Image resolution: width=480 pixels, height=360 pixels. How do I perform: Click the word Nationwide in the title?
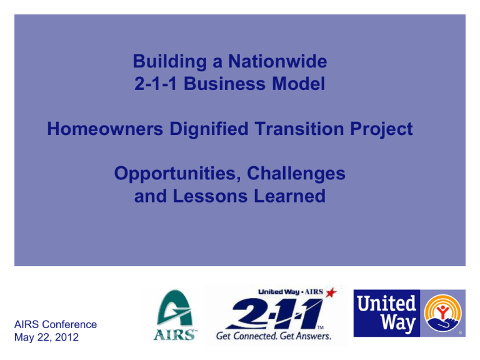click(277, 61)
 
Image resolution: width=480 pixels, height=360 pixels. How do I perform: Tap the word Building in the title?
click(170, 62)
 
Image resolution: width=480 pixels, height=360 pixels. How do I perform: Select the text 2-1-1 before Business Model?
click(156, 84)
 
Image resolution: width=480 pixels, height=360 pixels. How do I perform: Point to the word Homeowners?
click(105, 129)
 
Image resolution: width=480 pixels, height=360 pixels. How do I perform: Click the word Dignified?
click(209, 129)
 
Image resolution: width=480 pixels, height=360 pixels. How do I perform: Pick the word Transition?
click(299, 129)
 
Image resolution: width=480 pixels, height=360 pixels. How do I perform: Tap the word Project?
click(381, 129)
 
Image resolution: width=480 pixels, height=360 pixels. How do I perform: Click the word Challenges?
click(296, 174)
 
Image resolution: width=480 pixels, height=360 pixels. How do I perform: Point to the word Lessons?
click(210, 196)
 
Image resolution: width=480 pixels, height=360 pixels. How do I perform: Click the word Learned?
click(289, 196)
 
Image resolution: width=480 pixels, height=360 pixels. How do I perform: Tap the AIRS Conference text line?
click(56, 324)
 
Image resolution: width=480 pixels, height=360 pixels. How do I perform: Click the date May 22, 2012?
click(46, 337)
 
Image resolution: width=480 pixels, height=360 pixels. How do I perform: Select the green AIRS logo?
click(175, 315)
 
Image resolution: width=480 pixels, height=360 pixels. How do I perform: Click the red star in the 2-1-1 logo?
click(331, 292)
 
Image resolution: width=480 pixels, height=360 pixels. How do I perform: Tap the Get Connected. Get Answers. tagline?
click(274, 336)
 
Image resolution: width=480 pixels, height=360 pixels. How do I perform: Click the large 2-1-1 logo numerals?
click(276, 314)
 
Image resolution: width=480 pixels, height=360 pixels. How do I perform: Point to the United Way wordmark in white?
click(386, 313)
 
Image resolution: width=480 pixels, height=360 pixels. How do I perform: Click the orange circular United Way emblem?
click(442, 313)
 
